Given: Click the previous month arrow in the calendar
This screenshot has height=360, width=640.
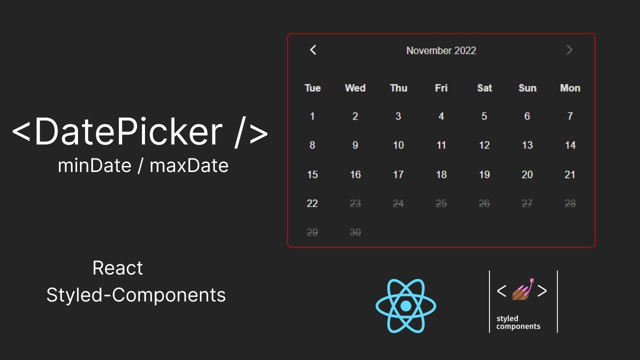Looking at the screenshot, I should click(x=313, y=50).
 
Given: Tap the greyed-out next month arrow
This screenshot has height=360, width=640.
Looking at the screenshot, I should click(x=569, y=50).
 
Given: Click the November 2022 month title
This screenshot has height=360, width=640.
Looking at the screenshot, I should click(x=441, y=50).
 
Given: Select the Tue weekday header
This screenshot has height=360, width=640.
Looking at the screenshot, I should click(x=312, y=88).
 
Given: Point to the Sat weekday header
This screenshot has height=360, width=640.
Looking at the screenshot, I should click(x=484, y=88).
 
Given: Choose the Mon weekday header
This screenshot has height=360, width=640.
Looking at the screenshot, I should click(x=570, y=88).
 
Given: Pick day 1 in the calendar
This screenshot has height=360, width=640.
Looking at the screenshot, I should click(x=312, y=116).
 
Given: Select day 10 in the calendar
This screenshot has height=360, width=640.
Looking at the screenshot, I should click(x=398, y=145).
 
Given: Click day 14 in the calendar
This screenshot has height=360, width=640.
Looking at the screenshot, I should click(x=570, y=145).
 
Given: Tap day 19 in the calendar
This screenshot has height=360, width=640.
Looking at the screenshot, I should click(x=484, y=174).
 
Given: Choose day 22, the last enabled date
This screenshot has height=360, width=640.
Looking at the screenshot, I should click(x=312, y=203).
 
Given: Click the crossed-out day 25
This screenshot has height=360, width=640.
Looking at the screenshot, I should click(x=441, y=203).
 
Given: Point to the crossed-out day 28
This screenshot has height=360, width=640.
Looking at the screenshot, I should click(x=570, y=203).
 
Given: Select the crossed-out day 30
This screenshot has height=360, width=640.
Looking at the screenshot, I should click(x=355, y=232).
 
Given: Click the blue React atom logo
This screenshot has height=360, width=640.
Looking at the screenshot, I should click(x=406, y=305).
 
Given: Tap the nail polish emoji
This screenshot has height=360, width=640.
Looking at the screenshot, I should click(x=522, y=289).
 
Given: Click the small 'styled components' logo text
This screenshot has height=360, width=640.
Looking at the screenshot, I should click(x=518, y=322).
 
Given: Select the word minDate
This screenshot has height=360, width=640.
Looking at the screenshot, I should click(x=94, y=165).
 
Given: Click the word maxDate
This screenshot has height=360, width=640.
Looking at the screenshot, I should click(x=189, y=165).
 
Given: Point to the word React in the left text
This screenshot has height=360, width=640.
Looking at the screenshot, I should click(x=117, y=268).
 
